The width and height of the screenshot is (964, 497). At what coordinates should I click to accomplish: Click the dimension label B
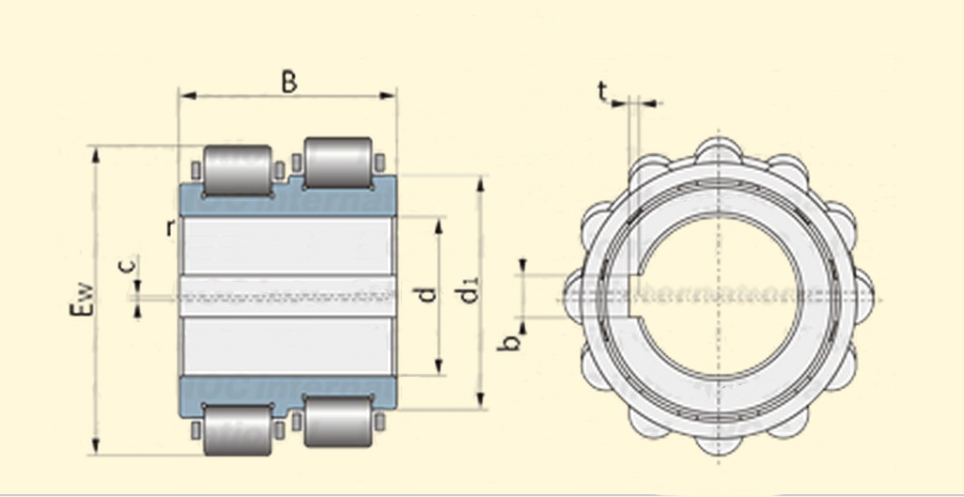(x=289, y=82)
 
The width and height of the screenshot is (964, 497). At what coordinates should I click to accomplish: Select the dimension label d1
(x=467, y=293)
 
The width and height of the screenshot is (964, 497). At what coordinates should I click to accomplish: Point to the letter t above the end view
(x=603, y=91)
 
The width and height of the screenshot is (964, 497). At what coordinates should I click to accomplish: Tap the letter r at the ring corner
(x=168, y=226)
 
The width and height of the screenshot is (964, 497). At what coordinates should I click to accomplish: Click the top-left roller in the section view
(x=238, y=169)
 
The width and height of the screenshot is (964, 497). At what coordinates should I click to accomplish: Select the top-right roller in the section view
(x=337, y=162)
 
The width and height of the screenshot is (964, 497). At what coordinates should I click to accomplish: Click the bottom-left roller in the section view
(x=238, y=431)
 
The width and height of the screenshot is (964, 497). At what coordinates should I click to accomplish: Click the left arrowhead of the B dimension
(x=185, y=95)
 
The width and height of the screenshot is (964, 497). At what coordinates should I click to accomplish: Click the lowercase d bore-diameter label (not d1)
(x=428, y=293)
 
